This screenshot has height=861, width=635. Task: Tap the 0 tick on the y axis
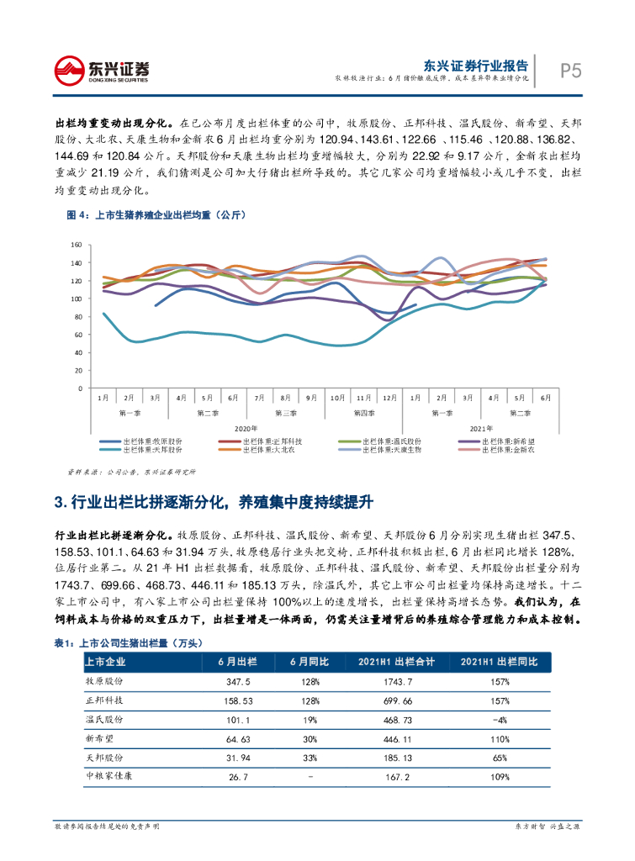click(79, 388)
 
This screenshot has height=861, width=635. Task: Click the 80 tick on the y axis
click(77, 317)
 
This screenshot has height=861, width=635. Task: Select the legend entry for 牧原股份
click(151, 441)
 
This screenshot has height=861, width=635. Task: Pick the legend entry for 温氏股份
click(392, 441)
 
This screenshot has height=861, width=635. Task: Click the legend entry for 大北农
click(272, 450)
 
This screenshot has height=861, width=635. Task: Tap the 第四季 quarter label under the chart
click(364, 413)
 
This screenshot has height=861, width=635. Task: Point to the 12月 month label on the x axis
click(389, 397)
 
